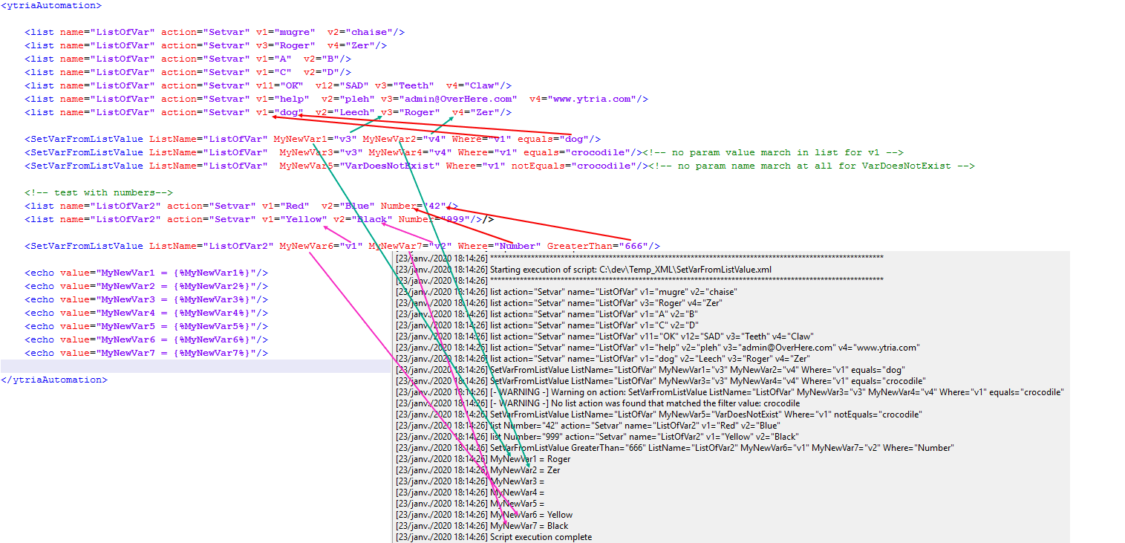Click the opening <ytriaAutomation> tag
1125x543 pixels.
(51, 5)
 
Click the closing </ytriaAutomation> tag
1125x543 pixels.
(54, 380)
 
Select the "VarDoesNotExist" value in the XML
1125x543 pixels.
(390, 166)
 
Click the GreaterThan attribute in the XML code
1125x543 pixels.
(579, 246)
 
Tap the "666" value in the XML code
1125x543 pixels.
(633, 246)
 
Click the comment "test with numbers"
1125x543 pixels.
(99, 193)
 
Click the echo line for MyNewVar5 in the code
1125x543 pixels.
(146, 327)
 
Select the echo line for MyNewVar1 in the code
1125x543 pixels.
(146, 273)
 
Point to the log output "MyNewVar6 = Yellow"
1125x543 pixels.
(532, 515)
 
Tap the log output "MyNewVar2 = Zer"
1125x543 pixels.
(525, 470)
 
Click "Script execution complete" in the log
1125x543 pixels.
(541, 537)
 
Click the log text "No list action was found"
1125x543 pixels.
(602, 403)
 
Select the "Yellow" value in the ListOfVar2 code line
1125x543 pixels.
(304, 220)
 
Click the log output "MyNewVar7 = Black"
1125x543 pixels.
(529, 526)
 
